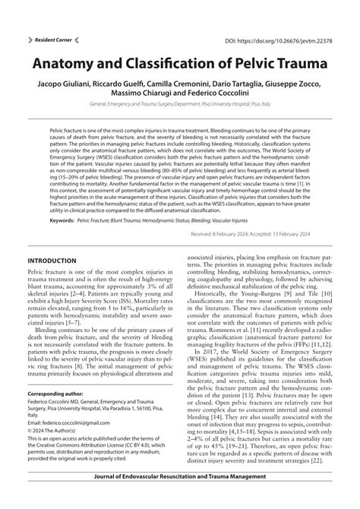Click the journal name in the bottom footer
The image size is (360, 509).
click(179, 496)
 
